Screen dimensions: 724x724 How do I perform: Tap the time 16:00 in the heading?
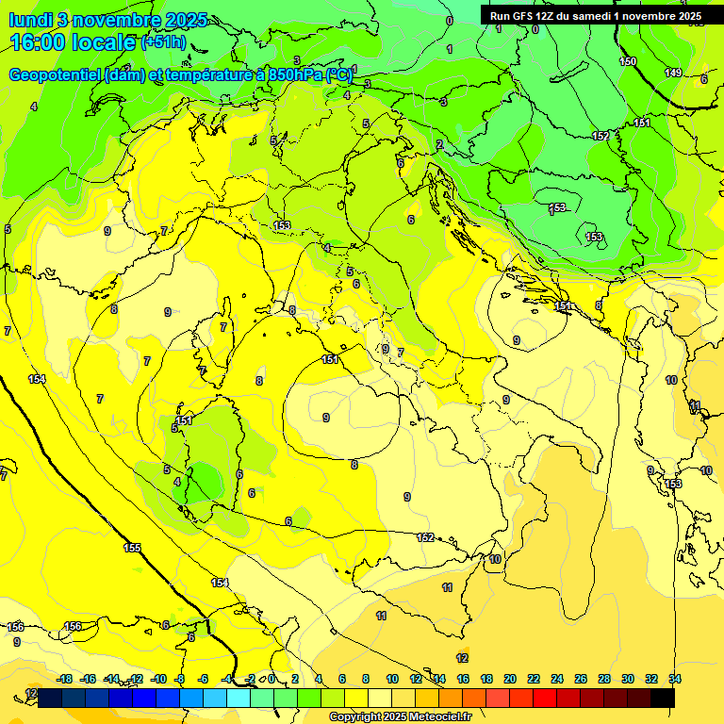[x=37, y=42]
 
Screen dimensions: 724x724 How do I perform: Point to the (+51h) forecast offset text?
[x=163, y=42]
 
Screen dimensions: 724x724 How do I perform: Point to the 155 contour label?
[x=132, y=547]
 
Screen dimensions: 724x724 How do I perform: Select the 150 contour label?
[x=628, y=61]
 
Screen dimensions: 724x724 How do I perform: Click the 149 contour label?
[x=673, y=73]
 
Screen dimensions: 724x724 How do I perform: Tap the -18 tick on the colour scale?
[x=64, y=679]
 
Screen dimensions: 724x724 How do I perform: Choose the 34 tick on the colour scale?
[x=675, y=679]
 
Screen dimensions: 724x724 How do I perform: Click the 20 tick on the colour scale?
[x=510, y=679]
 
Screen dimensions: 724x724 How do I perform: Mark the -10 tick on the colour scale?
[x=158, y=679]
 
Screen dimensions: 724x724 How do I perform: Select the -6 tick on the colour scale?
[x=204, y=679]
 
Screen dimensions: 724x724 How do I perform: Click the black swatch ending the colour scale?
[x=663, y=698]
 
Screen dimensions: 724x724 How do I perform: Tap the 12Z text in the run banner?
[x=547, y=15]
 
